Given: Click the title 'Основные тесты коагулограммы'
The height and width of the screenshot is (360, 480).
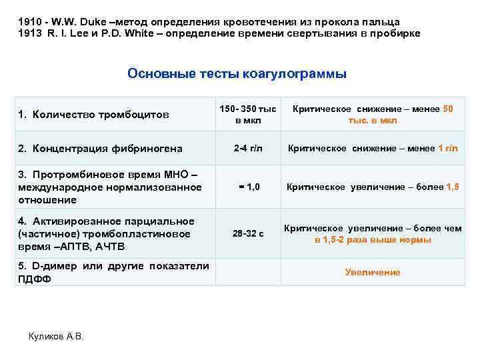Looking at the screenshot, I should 237,74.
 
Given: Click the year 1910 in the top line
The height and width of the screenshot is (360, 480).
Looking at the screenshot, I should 30,21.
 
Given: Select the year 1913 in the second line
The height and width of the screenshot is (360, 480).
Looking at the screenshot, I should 30,33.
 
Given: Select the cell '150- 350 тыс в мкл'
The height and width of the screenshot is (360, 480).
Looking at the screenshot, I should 247,115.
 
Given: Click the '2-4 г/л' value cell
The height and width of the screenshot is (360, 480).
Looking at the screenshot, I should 247,148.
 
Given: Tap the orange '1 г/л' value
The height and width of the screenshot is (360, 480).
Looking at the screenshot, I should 449,148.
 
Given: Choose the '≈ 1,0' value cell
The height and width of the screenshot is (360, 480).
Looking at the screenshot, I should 247,187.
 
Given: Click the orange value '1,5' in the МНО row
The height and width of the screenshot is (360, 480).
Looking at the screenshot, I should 451,187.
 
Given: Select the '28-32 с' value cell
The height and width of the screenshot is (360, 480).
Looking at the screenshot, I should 247,234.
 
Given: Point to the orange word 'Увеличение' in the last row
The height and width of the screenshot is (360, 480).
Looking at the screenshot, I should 372,272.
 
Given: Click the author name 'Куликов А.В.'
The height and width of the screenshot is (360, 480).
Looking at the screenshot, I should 57,336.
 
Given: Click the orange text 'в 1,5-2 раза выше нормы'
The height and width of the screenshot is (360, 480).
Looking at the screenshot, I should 373,240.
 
